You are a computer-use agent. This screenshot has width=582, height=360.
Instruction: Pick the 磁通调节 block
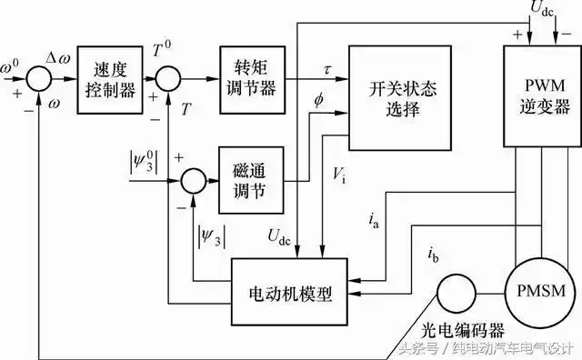(247, 179)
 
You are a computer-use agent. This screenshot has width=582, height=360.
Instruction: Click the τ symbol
(327, 66)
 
